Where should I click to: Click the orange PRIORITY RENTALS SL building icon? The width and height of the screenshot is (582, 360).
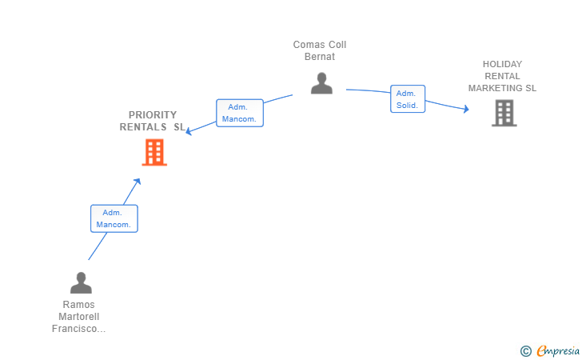154,152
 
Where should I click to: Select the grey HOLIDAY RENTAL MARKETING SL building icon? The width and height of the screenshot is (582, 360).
504,113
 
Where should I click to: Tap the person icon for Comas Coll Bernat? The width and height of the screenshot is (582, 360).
321,83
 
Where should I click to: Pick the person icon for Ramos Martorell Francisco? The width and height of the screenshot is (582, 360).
81,283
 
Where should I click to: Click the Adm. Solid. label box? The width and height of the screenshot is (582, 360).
407,99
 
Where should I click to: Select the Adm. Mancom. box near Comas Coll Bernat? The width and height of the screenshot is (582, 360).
239,113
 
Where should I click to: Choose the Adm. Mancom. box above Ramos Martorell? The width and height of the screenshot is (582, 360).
114,218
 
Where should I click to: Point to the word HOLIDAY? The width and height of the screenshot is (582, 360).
502,64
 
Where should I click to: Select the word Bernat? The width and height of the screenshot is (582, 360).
320,57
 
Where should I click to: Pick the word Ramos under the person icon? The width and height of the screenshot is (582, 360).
78,305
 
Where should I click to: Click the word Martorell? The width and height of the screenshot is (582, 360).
78,317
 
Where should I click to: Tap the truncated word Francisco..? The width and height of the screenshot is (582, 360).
78,329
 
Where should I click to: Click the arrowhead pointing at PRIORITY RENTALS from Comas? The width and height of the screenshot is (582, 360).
189,132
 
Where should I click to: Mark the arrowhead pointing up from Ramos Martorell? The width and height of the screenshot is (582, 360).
138,182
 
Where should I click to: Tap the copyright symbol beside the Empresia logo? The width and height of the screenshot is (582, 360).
525,350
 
